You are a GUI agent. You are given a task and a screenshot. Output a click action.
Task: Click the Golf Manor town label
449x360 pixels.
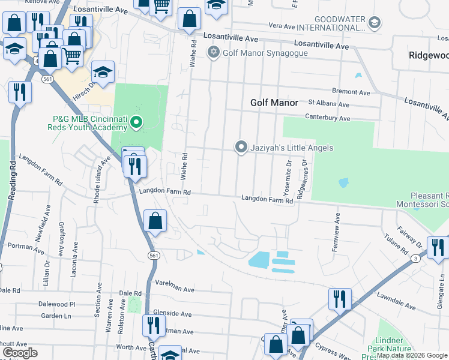[x=274, y=103]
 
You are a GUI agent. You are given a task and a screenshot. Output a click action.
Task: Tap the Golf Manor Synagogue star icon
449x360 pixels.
[x=213, y=53]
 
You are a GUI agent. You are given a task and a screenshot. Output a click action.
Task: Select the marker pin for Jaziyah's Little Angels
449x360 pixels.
[x=241, y=147]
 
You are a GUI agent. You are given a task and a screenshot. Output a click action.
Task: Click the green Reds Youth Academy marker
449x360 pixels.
[x=136, y=124]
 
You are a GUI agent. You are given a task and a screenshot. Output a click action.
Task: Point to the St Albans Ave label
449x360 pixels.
[x=328, y=104]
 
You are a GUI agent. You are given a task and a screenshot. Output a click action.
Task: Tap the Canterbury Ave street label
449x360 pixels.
[x=327, y=118]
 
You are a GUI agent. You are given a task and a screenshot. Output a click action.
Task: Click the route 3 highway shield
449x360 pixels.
[x=415, y=258]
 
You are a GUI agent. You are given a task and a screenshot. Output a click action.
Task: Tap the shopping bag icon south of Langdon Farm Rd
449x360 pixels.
[x=155, y=221]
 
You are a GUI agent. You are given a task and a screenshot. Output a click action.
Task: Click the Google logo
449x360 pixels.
[x=20, y=353]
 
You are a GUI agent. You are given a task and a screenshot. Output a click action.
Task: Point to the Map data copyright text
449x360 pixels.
[x=412, y=355]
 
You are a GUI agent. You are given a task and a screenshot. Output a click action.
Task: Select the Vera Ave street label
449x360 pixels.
[x=281, y=26]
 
